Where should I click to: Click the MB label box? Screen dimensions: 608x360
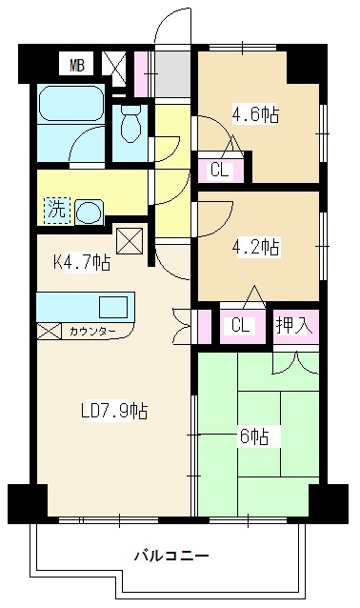(x=76, y=66)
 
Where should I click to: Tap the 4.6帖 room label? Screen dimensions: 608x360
(x=255, y=115)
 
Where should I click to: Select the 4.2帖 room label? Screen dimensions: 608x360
(x=255, y=247)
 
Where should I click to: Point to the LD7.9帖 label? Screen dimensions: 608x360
(x=111, y=411)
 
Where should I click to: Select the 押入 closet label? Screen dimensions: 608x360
(x=292, y=324)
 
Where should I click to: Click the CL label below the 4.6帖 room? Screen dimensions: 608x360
(x=220, y=172)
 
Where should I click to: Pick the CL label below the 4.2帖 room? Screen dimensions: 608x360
(x=241, y=324)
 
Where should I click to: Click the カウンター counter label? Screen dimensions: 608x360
(x=92, y=332)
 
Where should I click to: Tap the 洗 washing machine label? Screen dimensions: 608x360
(x=57, y=211)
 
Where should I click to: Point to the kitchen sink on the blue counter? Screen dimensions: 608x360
(x=112, y=307)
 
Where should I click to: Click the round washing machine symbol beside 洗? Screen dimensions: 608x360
(x=89, y=211)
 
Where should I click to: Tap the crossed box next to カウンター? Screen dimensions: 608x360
(x=49, y=332)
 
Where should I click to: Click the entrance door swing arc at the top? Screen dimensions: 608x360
(x=174, y=25)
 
